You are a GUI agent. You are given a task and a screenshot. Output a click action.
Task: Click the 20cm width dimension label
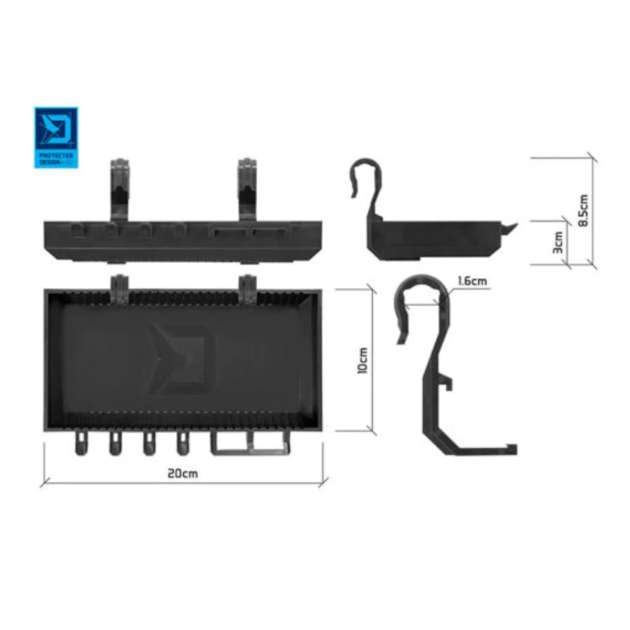click(183, 473)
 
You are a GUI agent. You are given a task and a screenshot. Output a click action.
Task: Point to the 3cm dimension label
click(558, 242)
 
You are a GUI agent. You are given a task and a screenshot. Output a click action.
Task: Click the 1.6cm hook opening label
click(472, 281)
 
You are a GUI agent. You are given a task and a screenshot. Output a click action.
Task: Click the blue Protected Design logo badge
click(56, 137)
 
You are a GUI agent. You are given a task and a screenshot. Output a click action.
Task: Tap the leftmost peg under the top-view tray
click(80, 444)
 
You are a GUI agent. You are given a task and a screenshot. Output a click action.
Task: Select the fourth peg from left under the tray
click(184, 444)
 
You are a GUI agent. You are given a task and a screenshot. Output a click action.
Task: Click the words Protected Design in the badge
click(55, 159)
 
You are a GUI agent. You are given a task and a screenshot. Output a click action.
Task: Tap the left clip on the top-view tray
click(120, 288)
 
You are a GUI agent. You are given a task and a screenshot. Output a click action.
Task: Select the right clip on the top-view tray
click(247, 288)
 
